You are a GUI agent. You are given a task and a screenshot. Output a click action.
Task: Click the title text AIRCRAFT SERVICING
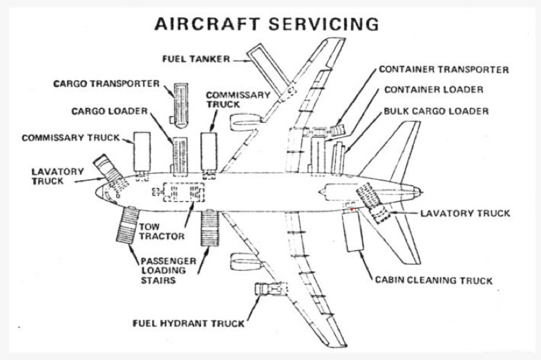267,23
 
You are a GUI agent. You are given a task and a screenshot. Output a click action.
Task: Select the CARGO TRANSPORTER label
107,84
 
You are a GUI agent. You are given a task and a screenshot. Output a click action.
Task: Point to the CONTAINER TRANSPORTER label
444,70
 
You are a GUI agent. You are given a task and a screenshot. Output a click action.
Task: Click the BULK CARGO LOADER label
436,111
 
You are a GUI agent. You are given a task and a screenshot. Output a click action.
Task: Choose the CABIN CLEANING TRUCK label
433,281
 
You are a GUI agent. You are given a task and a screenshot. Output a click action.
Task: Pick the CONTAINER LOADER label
433,90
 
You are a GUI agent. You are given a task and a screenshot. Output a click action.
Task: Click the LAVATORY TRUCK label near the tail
465,213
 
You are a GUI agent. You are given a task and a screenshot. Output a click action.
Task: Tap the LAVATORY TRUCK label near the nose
58,176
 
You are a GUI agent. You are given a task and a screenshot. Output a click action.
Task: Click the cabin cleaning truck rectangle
353,231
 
